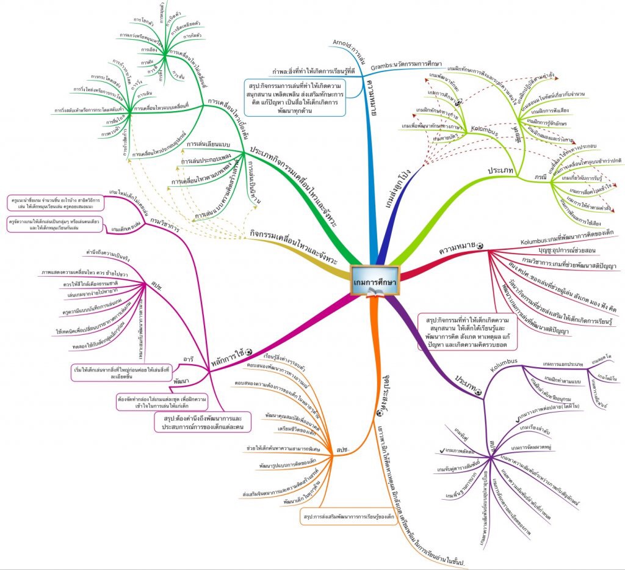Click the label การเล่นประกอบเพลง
(x=202, y=161)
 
